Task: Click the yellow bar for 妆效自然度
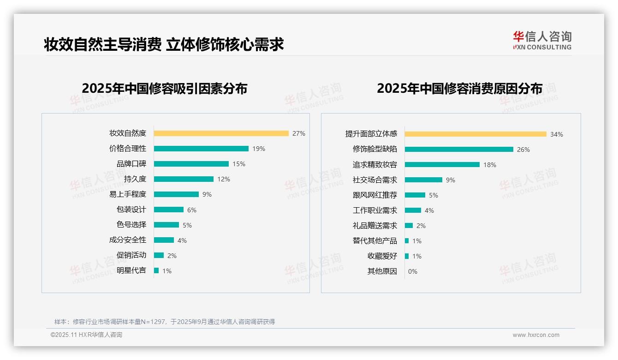coord(221,133)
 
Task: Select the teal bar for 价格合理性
coord(201,149)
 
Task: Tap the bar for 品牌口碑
coord(191,164)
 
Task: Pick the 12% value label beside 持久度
coord(224,179)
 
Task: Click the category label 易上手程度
coord(128,194)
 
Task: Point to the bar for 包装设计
coord(168,210)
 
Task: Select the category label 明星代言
coord(131,270)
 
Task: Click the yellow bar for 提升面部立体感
coord(475,134)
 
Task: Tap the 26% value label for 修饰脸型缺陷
coord(523,150)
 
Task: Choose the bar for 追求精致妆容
coord(442,165)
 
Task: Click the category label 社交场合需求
coord(375,180)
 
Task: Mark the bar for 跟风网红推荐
coord(415,195)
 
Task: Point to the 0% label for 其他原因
coord(413,271)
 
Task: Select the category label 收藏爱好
coord(382,256)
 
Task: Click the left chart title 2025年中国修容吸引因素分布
coord(165,88)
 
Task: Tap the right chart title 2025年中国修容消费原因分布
coord(459,88)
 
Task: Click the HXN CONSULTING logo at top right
coord(542,41)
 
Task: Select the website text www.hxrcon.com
coord(536,335)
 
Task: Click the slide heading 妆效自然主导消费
coord(102,44)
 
